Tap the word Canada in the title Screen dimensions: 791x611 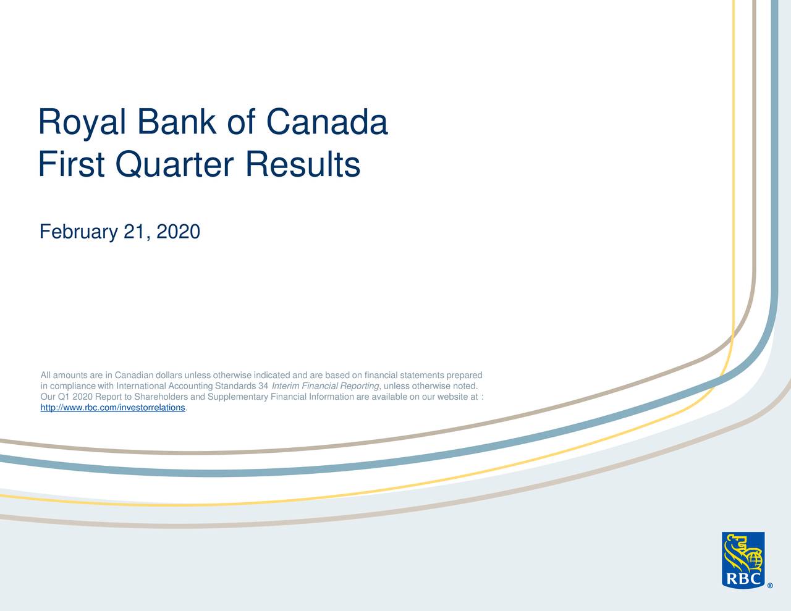pyautogui.click(x=327, y=122)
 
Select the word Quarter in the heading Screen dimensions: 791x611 pyautogui.click(x=174, y=165)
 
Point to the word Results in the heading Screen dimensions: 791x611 pyautogui.click(x=303, y=165)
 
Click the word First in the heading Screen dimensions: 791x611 pyautogui.click(x=71, y=164)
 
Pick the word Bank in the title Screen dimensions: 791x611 pyautogui.click(x=177, y=122)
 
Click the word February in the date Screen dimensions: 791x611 pyautogui.click(x=78, y=232)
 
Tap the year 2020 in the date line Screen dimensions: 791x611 pyautogui.click(x=179, y=232)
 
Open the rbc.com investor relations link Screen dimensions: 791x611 pyautogui.click(x=113, y=408)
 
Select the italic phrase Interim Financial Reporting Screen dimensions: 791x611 pyautogui.click(x=325, y=386)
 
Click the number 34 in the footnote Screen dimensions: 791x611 pyautogui.click(x=263, y=386)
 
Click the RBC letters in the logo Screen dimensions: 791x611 pyautogui.click(x=743, y=579)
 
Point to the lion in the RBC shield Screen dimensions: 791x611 pyautogui.click(x=736, y=554)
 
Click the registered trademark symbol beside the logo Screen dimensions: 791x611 pyautogui.click(x=770, y=586)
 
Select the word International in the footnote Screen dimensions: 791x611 pyautogui.click(x=142, y=386)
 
